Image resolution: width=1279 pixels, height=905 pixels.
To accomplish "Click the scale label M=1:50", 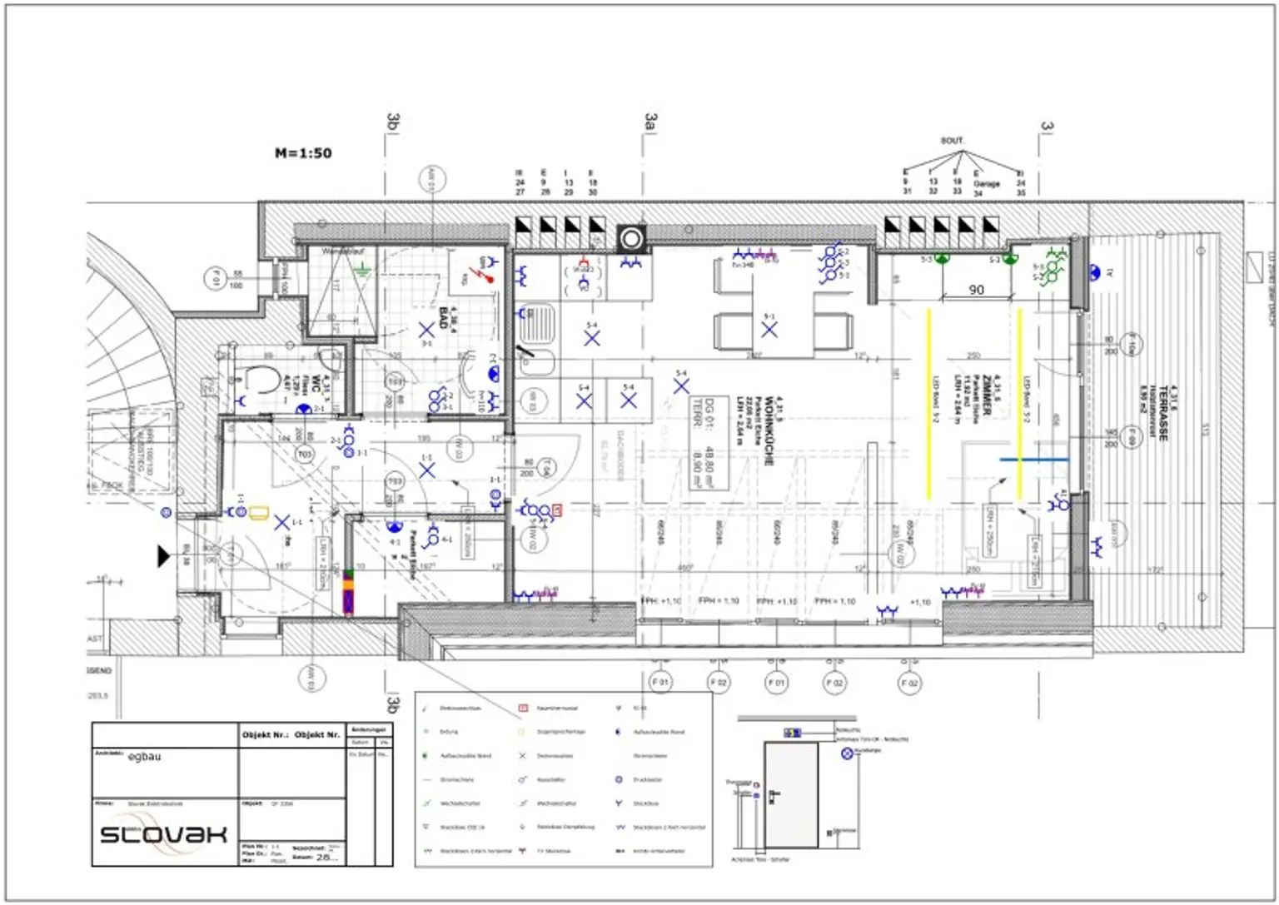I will pyautogui.click(x=303, y=153).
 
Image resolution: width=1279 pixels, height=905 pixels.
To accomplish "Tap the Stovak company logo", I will pyautogui.click(x=163, y=834).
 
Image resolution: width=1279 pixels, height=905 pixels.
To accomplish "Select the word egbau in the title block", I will pyautogui.click(x=144, y=757).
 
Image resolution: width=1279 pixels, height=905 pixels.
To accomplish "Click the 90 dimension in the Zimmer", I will pyautogui.click(x=976, y=290).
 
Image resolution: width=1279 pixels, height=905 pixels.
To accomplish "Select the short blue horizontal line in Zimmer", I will pyautogui.click(x=1033, y=459).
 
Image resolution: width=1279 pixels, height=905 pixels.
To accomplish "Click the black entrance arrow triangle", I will pyautogui.click(x=164, y=555).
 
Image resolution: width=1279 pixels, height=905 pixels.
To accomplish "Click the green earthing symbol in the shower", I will pyautogui.click(x=361, y=269).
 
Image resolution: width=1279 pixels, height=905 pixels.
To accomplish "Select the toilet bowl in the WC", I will pyautogui.click(x=261, y=379).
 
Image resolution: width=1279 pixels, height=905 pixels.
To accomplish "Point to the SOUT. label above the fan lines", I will pyautogui.click(x=952, y=141).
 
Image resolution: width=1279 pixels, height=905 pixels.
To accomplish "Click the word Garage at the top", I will pyautogui.click(x=986, y=184).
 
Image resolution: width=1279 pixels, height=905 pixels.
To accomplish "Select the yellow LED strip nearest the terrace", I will pyautogui.click(x=1020, y=404).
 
